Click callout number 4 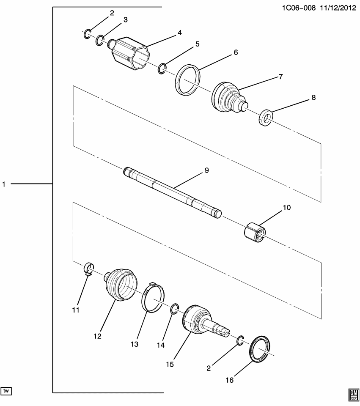(179, 33)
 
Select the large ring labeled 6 (187, 80)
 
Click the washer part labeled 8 (265, 118)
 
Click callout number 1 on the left (4, 184)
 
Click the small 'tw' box (6, 390)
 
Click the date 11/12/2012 (337, 8)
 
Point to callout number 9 (207, 170)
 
